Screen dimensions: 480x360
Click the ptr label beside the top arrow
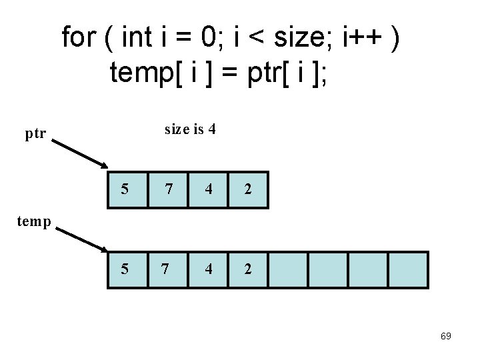(35, 134)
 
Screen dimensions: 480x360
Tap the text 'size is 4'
(190, 129)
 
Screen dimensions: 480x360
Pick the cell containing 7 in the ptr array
(168, 189)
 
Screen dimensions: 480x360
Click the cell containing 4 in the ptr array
(208, 189)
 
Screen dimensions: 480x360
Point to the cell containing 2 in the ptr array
(248, 189)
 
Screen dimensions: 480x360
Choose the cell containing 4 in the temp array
(208, 269)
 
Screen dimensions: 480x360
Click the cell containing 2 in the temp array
(248, 269)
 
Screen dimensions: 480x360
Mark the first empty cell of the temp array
(288, 269)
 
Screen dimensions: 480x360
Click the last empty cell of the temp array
(408, 269)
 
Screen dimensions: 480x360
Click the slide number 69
(446, 336)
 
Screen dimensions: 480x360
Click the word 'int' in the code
(137, 37)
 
